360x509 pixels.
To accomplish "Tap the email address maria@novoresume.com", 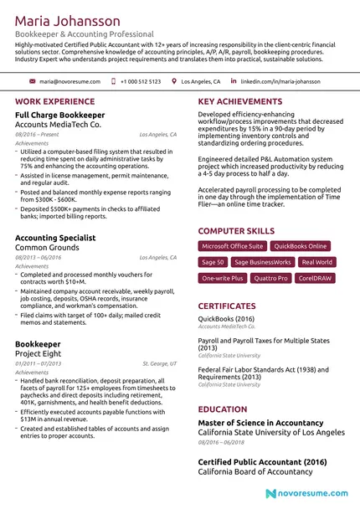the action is tap(69, 82).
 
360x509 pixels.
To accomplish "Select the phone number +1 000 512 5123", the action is tap(140, 82).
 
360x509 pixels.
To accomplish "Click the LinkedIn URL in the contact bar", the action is tap(280, 82).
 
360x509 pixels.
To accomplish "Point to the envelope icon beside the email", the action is tap(33, 82).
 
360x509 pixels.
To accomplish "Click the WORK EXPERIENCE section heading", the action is tap(55, 102).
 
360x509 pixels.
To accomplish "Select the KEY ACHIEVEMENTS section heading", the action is tap(239, 102).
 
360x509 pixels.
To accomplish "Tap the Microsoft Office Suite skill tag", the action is tap(233, 246).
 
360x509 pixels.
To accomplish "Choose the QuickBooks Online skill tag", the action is tap(301, 246).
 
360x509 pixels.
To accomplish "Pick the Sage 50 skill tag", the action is tap(213, 262).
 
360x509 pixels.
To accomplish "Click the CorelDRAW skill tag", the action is tap(315, 277).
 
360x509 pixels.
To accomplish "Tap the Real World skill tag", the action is tap(317, 262).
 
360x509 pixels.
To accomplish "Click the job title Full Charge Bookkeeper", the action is tap(60, 115).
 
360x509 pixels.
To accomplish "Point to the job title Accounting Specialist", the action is tap(55, 239).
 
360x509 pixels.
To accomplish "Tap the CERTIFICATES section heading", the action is tap(227, 307).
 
